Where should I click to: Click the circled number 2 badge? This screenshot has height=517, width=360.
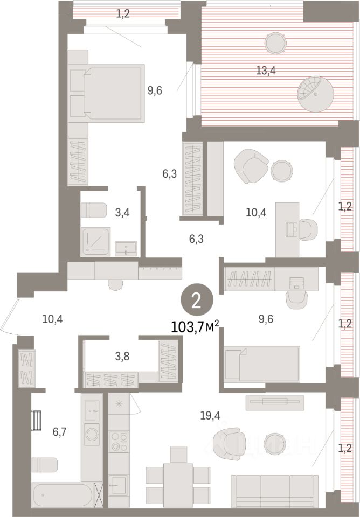[197, 302]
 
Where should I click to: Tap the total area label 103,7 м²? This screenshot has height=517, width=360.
[195, 327]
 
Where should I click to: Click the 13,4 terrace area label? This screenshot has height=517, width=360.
[266, 70]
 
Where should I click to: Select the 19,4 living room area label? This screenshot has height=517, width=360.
[210, 416]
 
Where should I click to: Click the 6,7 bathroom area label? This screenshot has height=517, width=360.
[60, 431]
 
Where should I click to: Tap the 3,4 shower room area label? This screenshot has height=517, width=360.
[122, 213]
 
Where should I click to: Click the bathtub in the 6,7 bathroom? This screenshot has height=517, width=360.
[64, 495]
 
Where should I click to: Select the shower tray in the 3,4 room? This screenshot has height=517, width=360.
[95, 242]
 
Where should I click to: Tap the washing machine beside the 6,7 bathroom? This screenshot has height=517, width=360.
[92, 434]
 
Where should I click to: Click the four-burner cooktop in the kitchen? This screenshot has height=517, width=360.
[119, 442]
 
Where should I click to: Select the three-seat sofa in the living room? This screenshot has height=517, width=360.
[274, 491]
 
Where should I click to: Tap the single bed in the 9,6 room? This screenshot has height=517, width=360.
[262, 365]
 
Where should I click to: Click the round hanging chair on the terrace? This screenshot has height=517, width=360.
[315, 94]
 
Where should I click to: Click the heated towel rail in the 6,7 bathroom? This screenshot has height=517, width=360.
[36, 421]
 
